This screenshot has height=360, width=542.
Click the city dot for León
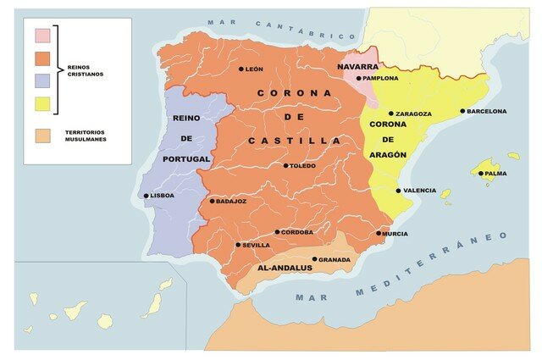241,69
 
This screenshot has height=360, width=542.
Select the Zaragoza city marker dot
391,114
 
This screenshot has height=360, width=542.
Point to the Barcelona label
486,111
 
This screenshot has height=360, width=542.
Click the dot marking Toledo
286,166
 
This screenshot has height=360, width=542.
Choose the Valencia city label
419,191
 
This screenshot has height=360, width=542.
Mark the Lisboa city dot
147,196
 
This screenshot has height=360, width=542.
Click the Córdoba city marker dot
277,232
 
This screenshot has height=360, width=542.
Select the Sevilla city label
256,245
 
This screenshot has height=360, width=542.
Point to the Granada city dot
315,259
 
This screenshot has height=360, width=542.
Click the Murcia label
395,234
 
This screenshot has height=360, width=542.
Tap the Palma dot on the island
481,174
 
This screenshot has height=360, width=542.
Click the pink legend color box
42,36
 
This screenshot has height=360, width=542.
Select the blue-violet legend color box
42,81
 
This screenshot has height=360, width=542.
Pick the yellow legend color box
42,104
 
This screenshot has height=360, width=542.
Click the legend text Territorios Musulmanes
86,136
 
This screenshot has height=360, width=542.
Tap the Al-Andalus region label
284,269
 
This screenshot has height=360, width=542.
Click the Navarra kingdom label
357,66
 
